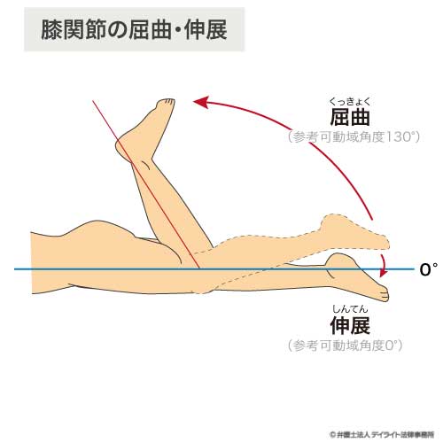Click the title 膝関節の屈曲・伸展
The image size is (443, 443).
pos(134,29)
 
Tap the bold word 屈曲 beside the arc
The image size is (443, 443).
pos(350,118)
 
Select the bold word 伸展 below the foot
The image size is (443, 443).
pos(350,325)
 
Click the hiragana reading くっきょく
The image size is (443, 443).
pos(350,102)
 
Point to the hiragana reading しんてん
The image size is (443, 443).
pos(350,309)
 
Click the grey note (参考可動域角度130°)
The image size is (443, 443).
pos(354,137)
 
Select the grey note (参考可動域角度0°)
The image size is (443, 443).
pos(345,345)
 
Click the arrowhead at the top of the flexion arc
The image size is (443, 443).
pos(201,103)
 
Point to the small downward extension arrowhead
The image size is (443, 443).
pos(384,273)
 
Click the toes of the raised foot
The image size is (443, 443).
pos(167,102)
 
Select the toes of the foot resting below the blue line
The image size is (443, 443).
pos(384,294)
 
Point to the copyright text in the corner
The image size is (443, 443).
pos(382,435)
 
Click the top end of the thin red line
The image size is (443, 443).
pos(93,101)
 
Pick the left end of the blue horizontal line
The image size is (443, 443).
pos(15,269)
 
